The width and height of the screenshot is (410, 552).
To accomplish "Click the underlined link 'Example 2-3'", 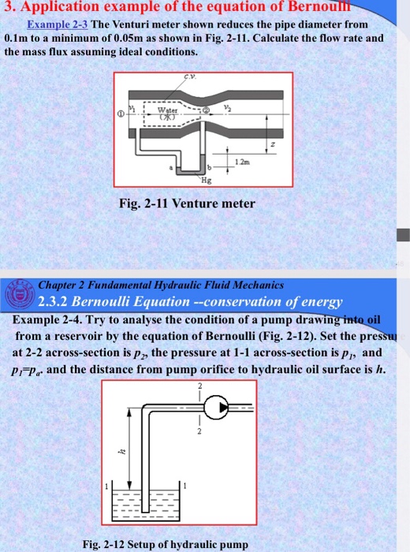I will click(x=58, y=24).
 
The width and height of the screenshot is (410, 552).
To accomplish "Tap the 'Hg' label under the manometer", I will click(x=207, y=180).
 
